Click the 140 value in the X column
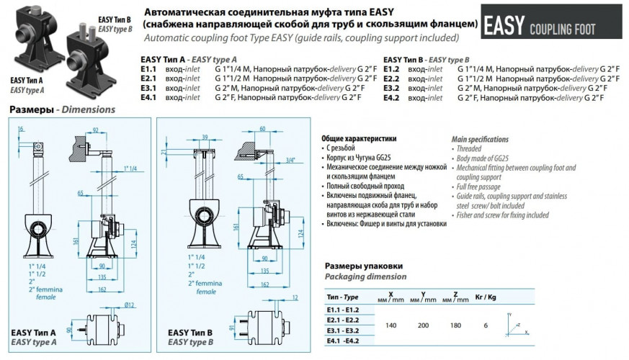tap(391, 325)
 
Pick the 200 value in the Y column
tap(424, 325)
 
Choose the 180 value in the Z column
tap(456, 325)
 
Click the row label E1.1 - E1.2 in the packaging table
tap(343, 309)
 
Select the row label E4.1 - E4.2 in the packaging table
tap(343, 341)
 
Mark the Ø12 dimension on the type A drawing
tap(129, 305)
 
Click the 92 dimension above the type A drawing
tap(95, 130)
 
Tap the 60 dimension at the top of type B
tap(262, 128)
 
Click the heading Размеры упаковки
tap(363, 266)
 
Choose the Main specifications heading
tap(481, 138)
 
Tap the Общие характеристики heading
tap(357, 138)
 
